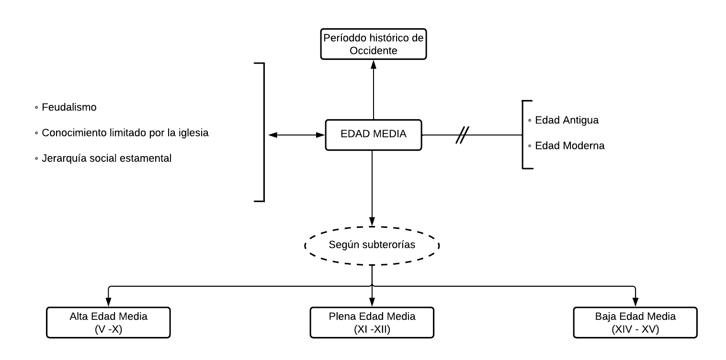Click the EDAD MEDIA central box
coord(373,135)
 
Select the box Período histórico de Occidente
coord(373,44)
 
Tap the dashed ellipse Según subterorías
coord(372,245)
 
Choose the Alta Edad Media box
coord(108,322)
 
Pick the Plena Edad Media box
coord(372,322)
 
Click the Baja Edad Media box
coord(635,322)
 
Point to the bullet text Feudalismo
coord(69,108)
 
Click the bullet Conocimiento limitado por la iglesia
coord(125,133)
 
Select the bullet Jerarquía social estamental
coord(106,158)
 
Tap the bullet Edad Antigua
coord(567,120)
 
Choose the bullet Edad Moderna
coord(569,146)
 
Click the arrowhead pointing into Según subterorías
coord(372,222)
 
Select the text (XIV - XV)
coord(635,328)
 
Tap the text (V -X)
coord(108,328)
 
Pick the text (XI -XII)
coord(372,328)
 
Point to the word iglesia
coord(193,133)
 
